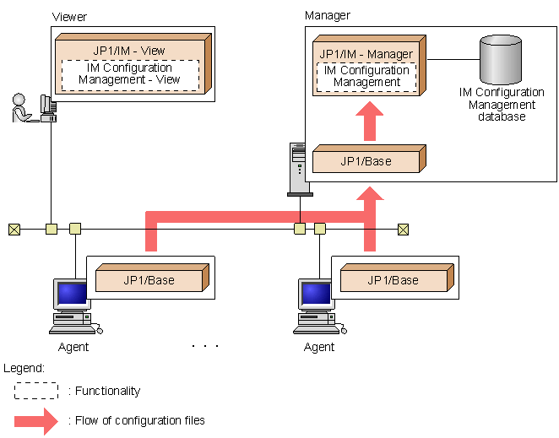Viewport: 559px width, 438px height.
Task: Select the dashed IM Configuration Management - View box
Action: [x=130, y=74]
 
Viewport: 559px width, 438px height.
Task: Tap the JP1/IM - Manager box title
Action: [x=366, y=54]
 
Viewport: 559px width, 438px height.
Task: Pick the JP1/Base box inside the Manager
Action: [x=366, y=161]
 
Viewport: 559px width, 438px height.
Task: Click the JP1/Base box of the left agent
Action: [x=149, y=280]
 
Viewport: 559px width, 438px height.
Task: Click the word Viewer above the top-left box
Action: [x=69, y=17]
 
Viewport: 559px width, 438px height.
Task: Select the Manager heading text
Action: [x=326, y=15]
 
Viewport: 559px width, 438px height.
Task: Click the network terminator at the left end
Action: [x=14, y=228]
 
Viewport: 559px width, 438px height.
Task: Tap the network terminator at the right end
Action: [x=403, y=228]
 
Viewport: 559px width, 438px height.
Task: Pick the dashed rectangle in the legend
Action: [x=35, y=391]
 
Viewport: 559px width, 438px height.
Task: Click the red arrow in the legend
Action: [x=35, y=420]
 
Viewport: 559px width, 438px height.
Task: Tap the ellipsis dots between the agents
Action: [x=205, y=346]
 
